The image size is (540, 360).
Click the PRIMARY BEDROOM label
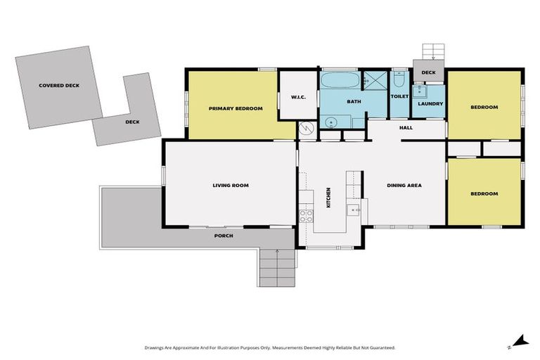click(x=236, y=108)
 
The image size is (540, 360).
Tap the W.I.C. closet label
click(x=291, y=98)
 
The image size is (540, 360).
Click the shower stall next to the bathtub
click(x=374, y=81)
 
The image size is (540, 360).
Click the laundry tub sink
click(x=420, y=91)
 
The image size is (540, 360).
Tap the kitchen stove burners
click(x=307, y=216)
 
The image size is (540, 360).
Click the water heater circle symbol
click(x=307, y=129)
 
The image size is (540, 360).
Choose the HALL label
click(x=406, y=128)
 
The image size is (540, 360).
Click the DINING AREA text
click(x=404, y=186)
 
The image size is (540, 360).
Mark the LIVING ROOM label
click(x=231, y=186)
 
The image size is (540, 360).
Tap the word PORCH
click(x=224, y=236)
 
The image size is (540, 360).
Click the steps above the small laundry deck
click(x=432, y=53)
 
